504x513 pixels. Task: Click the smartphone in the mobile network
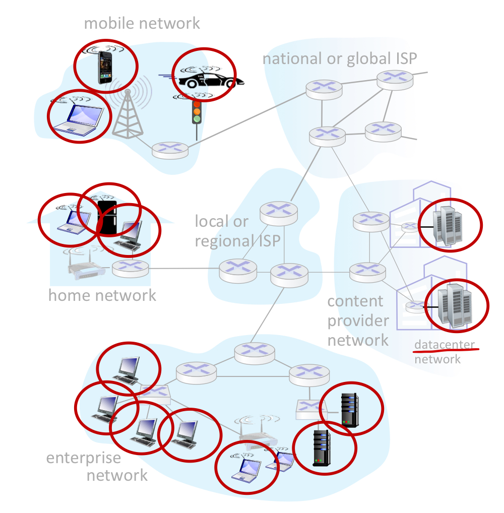pyautogui.click(x=104, y=67)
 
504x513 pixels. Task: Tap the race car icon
pyautogui.click(x=208, y=80)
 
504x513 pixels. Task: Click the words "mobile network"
pyautogui.click(x=142, y=23)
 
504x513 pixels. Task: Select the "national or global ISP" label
pyautogui.click(x=340, y=58)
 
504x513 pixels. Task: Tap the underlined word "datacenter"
pyautogui.click(x=444, y=345)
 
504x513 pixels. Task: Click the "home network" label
pyautogui.click(x=102, y=295)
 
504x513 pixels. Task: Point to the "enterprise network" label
pyautogui.click(x=96, y=466)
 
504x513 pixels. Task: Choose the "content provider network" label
pyautogui.click(x=358, y=320)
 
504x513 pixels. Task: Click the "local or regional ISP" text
pyautogui.click(x=237, y=231)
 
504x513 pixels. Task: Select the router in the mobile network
pyautogui.click(x=170, y=150)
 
